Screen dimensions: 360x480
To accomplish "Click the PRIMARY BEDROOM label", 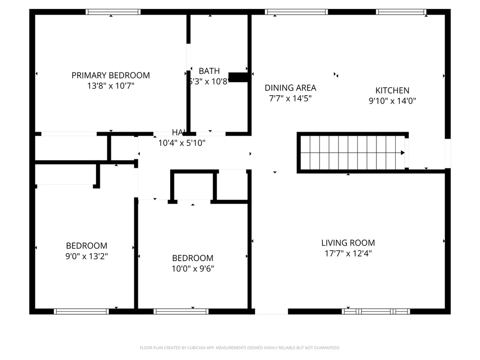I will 111,75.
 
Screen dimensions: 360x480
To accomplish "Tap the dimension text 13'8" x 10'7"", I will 111,86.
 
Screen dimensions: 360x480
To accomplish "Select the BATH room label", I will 209,71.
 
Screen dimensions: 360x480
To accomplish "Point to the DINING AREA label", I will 290,88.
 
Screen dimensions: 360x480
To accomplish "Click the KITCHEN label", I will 392,90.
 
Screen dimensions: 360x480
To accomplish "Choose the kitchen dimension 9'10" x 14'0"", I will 392,100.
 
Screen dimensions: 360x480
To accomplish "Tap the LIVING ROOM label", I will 348,243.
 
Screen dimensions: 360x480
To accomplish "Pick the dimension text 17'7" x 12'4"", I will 348,254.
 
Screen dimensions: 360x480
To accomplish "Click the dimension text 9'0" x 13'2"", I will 86,256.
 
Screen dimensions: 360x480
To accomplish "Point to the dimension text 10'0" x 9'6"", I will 193,269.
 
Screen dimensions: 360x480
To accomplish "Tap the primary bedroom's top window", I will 113,12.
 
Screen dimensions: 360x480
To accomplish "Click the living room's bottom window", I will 376,311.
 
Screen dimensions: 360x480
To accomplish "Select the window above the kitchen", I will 401,12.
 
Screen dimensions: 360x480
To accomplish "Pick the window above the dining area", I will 296,12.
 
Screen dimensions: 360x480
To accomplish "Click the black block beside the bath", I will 238,77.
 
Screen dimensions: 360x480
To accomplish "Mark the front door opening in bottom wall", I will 271,311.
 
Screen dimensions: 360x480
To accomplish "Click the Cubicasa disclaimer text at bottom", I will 240,348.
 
